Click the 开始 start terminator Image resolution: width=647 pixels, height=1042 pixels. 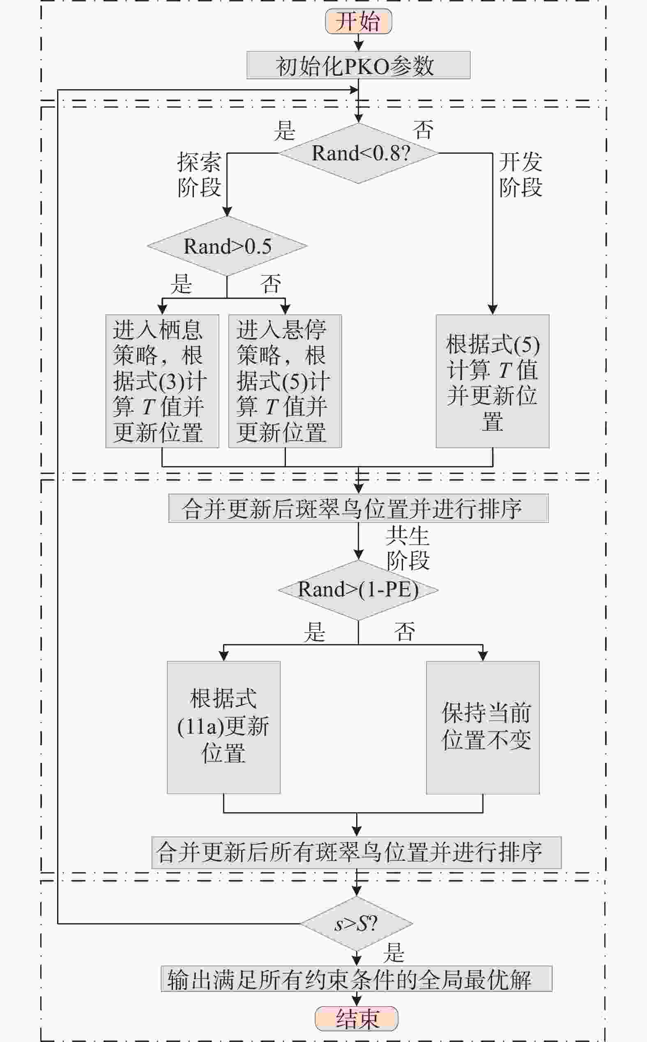click(359, 21)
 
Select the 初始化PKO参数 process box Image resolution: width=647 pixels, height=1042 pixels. click(359, 65)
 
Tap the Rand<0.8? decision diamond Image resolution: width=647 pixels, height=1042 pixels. click(359, 153)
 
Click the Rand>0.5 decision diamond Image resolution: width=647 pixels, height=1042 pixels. click(227, 246)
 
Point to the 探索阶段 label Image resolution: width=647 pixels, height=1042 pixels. click(199, 175)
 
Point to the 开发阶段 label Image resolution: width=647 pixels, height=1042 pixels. click(521, 175)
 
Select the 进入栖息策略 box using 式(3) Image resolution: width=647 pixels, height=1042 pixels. click(162, 381)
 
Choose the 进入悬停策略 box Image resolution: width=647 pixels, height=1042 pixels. click(285, 381)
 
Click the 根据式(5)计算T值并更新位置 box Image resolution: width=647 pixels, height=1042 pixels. click(493, 381)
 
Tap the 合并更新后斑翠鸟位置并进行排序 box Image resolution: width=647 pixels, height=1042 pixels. click(359, 508)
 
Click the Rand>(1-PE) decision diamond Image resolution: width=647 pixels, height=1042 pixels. click(359, 590)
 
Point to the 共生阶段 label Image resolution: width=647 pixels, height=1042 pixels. click(408, 548)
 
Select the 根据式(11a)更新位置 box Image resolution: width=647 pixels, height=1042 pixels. click(224, 728)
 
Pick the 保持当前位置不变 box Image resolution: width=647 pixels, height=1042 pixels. click(483, 728)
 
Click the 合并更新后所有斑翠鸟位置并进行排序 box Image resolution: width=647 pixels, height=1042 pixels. click(357, 853)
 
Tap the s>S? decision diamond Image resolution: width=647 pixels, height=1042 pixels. click(357, 924)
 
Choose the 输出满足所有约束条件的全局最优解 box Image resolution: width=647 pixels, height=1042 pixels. click(357, 979)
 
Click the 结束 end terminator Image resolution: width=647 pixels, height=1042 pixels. click(357, 1019)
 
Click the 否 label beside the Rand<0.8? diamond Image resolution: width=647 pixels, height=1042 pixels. click(423, 130)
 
